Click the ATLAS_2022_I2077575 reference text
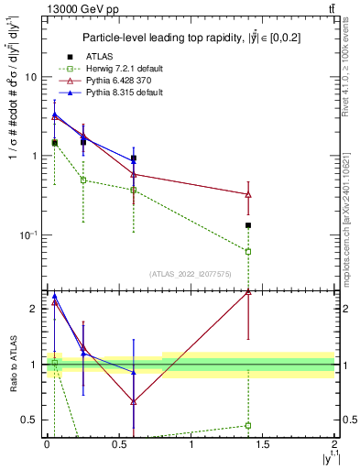pyautogui.click(x=190, y=274)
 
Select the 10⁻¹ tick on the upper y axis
pyautogui.click(x=30, y=235)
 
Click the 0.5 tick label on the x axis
pyautogui.click(x=119, y=444)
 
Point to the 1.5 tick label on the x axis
pyautogui.click(x=263, y=444)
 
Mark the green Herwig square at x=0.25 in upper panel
pyautogui.click(x=83, y=180)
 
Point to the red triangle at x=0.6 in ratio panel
pyautogui.click(x=134, y=401)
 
